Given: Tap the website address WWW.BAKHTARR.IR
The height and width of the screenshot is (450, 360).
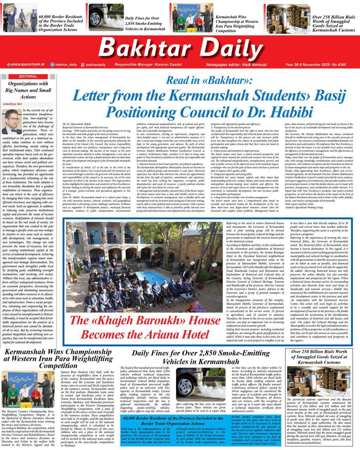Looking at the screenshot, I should (x=27, y=65).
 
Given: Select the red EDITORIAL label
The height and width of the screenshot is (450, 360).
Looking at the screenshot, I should (x=28, y=76).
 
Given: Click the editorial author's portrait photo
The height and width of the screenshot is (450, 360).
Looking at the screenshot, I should (x=12, y=122).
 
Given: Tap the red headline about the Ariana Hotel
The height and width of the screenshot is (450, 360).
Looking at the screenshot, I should (x=145, y=327).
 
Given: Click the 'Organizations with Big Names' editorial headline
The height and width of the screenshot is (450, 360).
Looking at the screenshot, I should (x=28, y=90).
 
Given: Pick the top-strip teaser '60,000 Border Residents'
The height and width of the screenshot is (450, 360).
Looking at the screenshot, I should (x=61, y=23).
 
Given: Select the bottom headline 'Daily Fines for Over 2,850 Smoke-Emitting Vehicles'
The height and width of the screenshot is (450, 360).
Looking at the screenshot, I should (x=201, y=357).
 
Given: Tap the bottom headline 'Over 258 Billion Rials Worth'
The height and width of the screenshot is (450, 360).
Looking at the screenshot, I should (x=319, y=356).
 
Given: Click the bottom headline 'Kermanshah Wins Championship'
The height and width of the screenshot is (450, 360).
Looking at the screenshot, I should (x=58, y=358).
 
